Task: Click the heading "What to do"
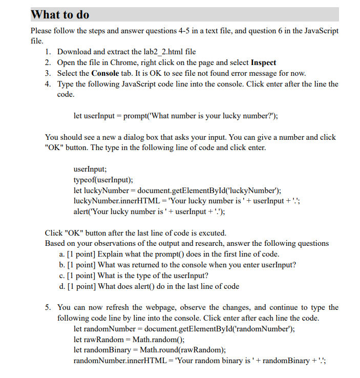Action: click(x=60, y=14)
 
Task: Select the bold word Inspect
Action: click(x=263, y=62)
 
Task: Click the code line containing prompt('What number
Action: click(x=176, y=116)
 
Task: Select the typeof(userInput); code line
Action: click(x=103, y=180)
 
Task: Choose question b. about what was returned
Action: click(x=178, y=265)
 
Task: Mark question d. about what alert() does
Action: click(x=150, y=286)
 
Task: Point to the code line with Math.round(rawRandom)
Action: click(x=150, y=350)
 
